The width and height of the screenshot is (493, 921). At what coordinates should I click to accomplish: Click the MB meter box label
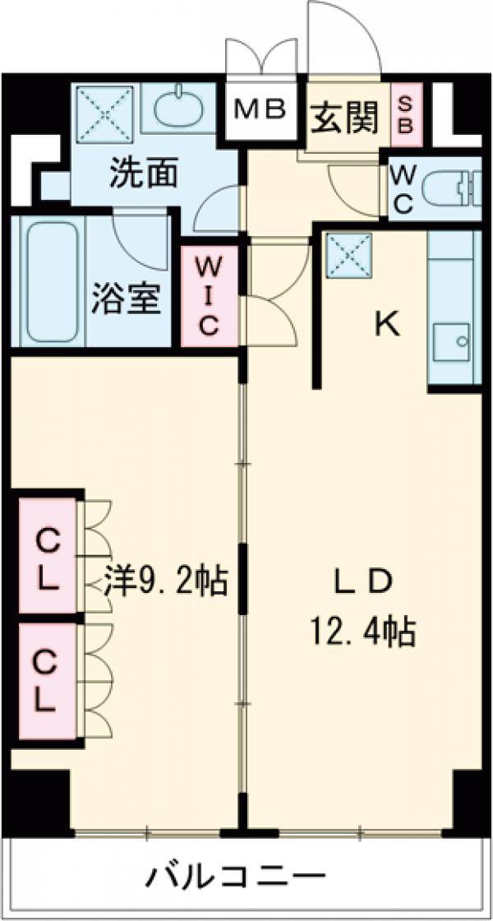(x=261, y=109)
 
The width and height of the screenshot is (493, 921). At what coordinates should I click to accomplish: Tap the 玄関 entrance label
(x=345, y=118)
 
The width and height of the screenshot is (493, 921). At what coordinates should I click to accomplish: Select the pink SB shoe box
(x=405, y=115)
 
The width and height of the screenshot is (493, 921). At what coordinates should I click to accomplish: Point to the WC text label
(x=402, y=189)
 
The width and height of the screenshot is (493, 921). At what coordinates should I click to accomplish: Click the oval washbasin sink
(x=177, y=108)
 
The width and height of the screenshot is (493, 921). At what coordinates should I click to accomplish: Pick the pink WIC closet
(x=209, y=296)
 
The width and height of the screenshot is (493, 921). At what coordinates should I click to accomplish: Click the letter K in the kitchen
(x=387, y=326)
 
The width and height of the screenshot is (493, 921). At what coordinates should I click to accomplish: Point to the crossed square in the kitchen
(x=349, y=257)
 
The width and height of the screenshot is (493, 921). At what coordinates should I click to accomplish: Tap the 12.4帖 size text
(x=361, y=632)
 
